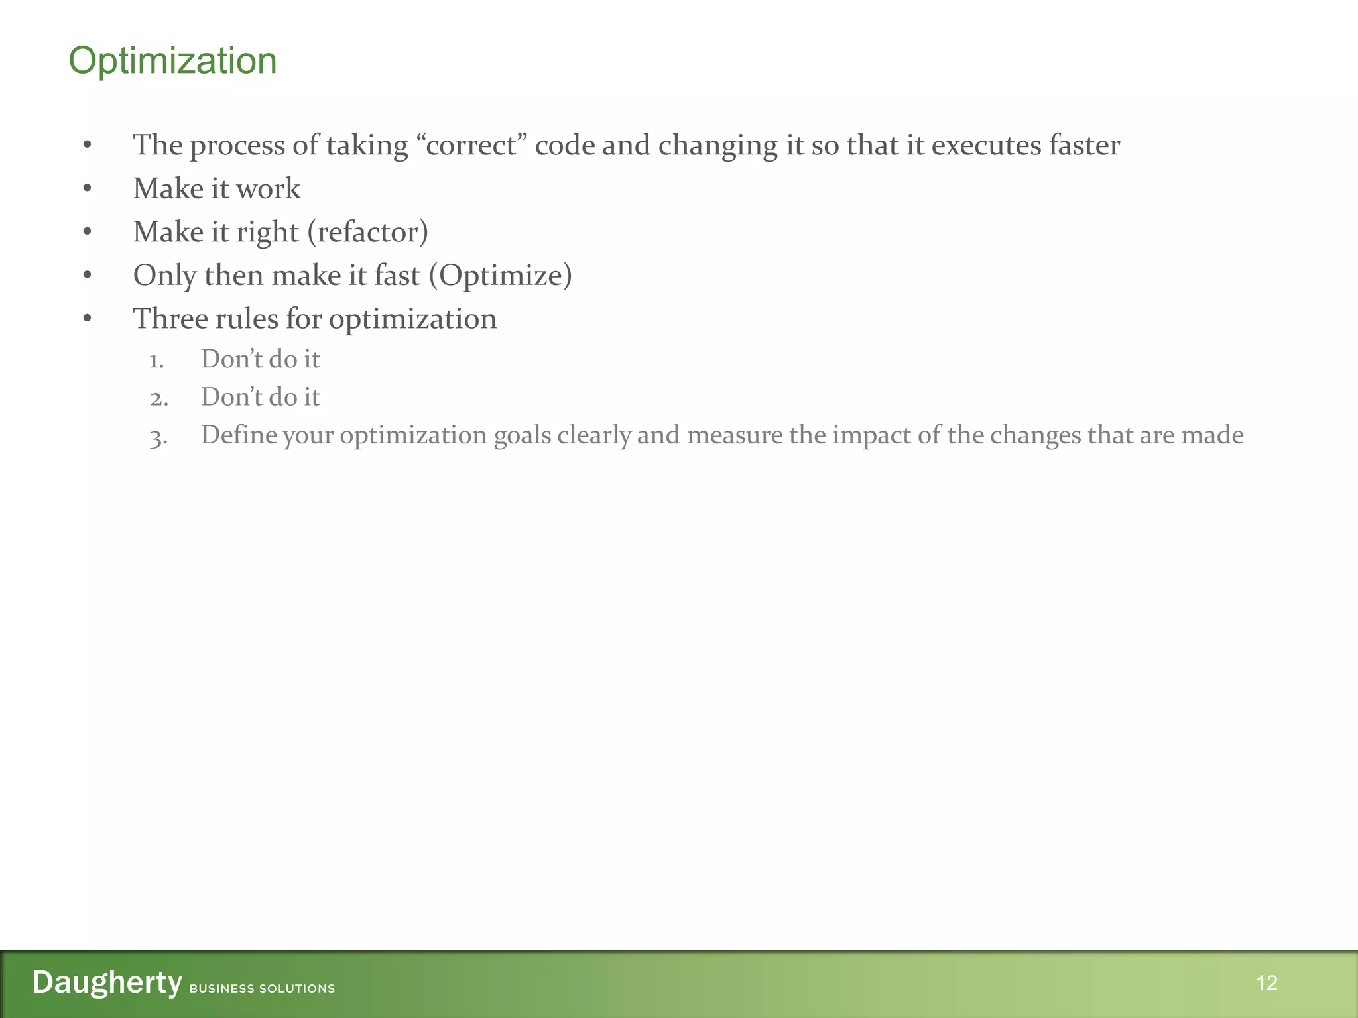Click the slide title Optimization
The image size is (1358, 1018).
(172, 61)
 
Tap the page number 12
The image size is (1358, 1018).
(1266, 983)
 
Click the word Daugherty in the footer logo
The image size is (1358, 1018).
(107, 982)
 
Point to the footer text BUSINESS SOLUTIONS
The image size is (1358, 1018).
(262, 988)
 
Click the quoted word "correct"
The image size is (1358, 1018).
(471, 145)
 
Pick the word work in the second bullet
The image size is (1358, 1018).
(268, 189)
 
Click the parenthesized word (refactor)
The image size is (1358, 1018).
(367, 232)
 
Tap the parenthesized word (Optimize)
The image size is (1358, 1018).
(500, 276)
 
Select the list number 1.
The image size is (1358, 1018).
(156, 361)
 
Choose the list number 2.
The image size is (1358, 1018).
(158, 399)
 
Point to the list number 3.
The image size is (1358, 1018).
(158, 437)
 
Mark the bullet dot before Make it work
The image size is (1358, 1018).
(88, 189)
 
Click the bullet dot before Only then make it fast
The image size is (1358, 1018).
(88, 276)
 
